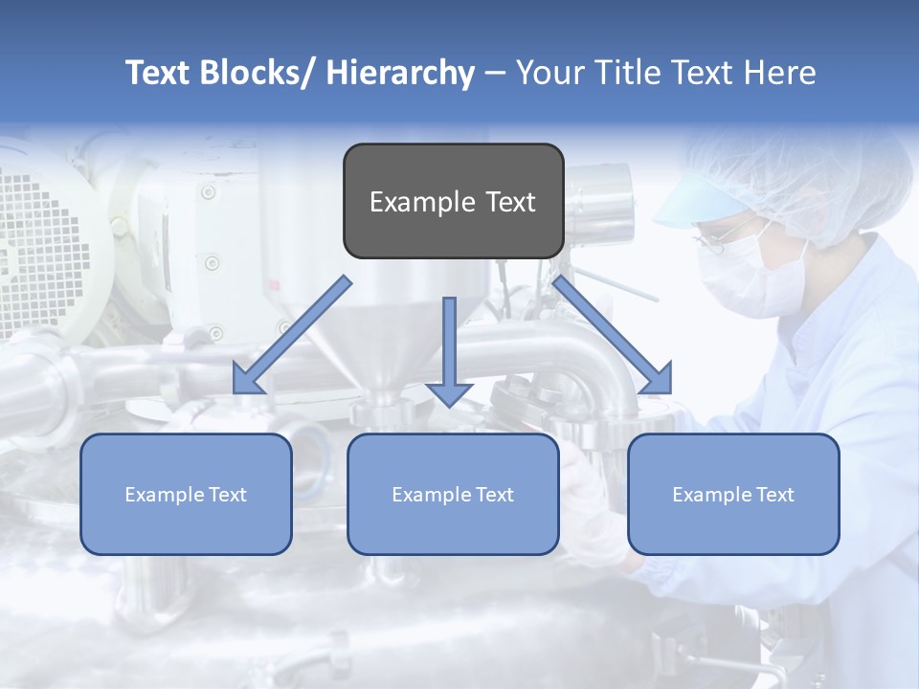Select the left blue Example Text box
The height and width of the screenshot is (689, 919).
click(x=186, y=495)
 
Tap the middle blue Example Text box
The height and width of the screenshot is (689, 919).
click(x=453, y=495)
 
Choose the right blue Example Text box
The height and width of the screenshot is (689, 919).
click(x=733, y=495)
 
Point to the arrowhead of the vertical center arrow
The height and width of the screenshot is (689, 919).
click(x=449, y=394)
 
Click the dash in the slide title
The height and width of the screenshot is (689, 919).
click(x=494, y=75)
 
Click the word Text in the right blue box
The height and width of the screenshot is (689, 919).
click(x=774, y=495)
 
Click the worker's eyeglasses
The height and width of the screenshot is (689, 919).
click(x=713, y=239)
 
